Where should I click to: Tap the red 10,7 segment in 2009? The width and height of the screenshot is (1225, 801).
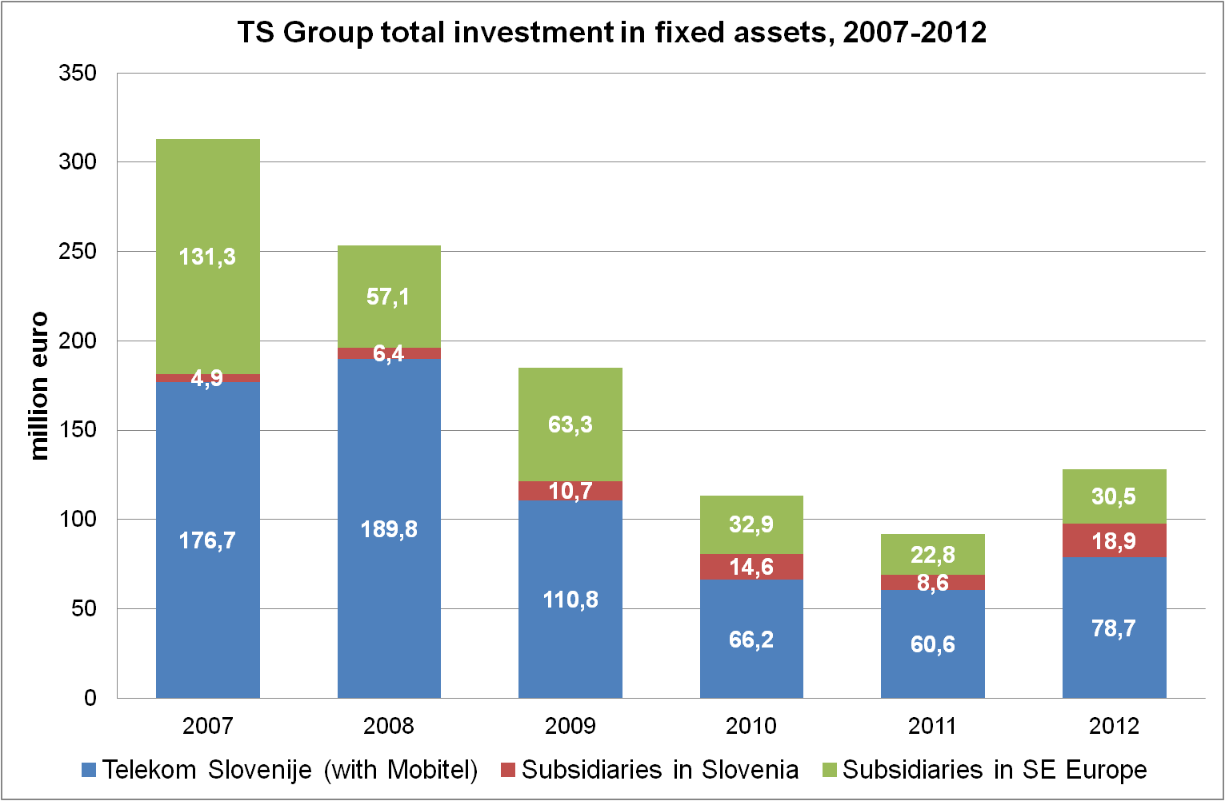pyautogui.click(x=570, y=490)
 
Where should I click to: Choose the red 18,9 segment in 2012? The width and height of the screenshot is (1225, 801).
pyautogui.click(x=1114, y=541)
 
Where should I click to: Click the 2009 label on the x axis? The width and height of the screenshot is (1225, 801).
pyautogui.click(x=570, y=726)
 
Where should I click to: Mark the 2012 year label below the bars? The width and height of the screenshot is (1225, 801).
pyautogui.click(x=1114, y=726)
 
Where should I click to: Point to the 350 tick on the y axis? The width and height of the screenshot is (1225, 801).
pyautogui.click(x=78, y=74)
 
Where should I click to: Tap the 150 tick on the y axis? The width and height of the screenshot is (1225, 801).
pyautogui.click(x=78, y=430)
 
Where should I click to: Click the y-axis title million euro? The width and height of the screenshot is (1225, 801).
pyautogui.click(x=38, y=385)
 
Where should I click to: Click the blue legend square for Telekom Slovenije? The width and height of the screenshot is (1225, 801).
pyautogui.click(x=89, y=771)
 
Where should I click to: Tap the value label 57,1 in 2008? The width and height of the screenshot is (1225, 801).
pyautogui.click(x=388, y=297)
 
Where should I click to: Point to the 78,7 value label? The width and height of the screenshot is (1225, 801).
pyautogui.click(x=1114, y=628)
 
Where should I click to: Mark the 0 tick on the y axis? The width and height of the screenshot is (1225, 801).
pyautogui.click(x=90, y=698)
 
